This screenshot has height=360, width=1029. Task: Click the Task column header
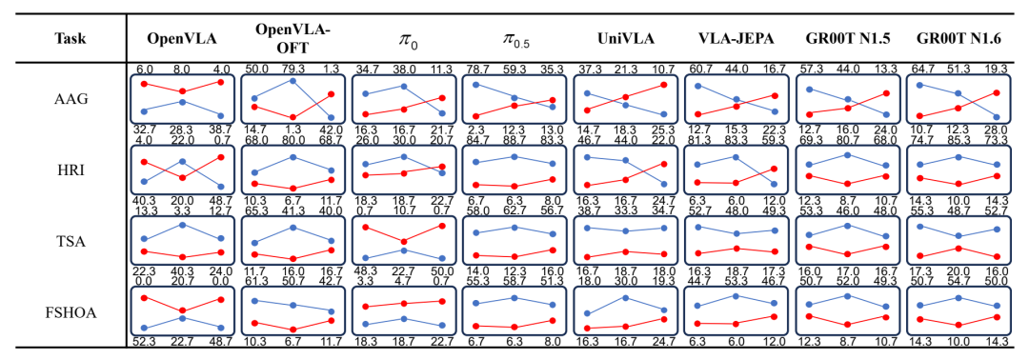point(67,39)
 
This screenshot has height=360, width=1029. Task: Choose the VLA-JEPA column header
point(736,39)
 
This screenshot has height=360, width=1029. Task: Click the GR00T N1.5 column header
point(847,39)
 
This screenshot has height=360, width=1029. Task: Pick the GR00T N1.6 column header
point(958,39)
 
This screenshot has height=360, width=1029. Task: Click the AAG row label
point(68,100)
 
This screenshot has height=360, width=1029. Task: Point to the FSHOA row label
point(68,312)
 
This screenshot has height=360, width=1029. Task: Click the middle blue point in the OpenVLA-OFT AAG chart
point(293,81)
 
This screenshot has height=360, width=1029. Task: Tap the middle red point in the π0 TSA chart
point(404,242)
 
